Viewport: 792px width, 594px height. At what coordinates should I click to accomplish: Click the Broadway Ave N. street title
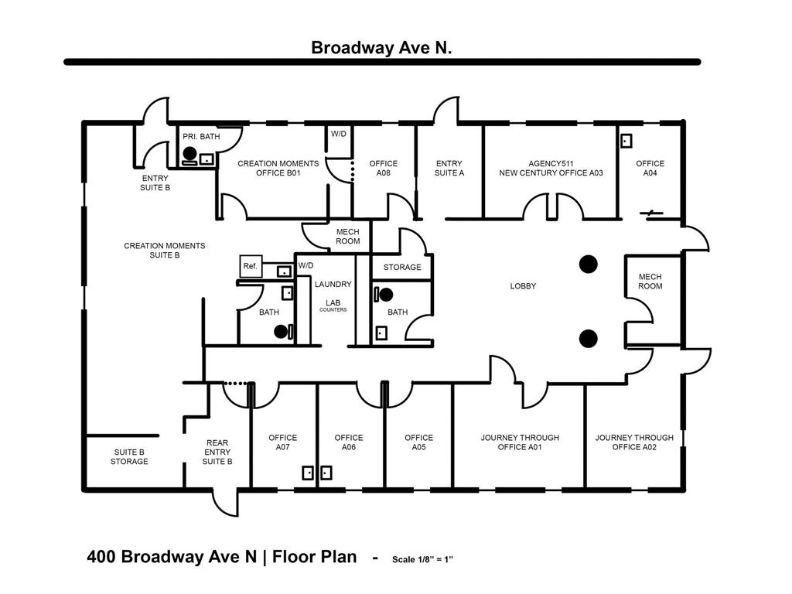pos(381,47)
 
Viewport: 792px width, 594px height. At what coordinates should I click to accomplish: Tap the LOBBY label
pos(523,286)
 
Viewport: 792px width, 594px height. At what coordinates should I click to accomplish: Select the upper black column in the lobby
pos(589,265)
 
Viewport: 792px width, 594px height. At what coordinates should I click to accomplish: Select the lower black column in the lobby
pos(588,337)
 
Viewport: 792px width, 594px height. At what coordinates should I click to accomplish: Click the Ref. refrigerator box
pos(251,266)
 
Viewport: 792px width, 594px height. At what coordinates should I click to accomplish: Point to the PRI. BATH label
pos(201,137)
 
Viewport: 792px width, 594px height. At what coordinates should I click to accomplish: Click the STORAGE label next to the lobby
pos(402,268)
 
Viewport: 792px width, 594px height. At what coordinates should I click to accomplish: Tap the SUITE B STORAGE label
pos(129,456)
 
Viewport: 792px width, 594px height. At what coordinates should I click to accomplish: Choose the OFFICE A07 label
pos(282,442)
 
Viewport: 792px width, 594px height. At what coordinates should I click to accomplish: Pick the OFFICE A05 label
pos(418,442)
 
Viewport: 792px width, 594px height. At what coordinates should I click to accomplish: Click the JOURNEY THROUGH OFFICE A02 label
pos(634,442)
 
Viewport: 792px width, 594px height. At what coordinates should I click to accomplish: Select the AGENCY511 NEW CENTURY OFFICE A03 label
pos(550,168)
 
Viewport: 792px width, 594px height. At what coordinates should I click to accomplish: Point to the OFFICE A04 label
pos(650,168)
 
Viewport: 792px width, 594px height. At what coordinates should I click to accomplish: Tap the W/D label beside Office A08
pos(339,134)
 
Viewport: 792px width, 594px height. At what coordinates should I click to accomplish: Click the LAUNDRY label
pos(333,285)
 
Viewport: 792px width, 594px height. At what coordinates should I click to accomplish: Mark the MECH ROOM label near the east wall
pos(650,282)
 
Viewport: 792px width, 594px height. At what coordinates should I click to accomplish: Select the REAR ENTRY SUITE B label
pos(217,452)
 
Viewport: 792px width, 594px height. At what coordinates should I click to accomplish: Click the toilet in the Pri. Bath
pos(189,154)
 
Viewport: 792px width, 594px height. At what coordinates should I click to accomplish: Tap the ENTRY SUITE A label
pos(449,168)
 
